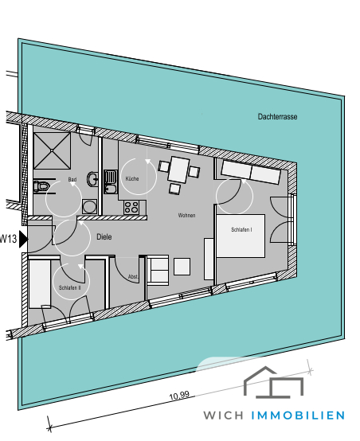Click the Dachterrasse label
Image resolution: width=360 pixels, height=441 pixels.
(x=277, y=117)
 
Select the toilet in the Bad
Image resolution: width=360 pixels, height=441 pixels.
(x=41, y=188)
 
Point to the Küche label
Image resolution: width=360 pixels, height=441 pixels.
(x=131, y=179)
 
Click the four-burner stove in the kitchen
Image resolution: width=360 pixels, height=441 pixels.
(x=132, y=207)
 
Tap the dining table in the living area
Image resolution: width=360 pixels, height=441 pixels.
(x=178, y=169)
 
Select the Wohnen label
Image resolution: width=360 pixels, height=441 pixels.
(x=186, y=216)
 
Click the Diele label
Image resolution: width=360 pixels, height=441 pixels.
(x=104, y=236)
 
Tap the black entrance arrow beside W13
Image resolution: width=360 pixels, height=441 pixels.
(x=24, y=238)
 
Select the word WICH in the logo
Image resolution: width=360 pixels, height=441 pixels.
(x=225, y=416)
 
